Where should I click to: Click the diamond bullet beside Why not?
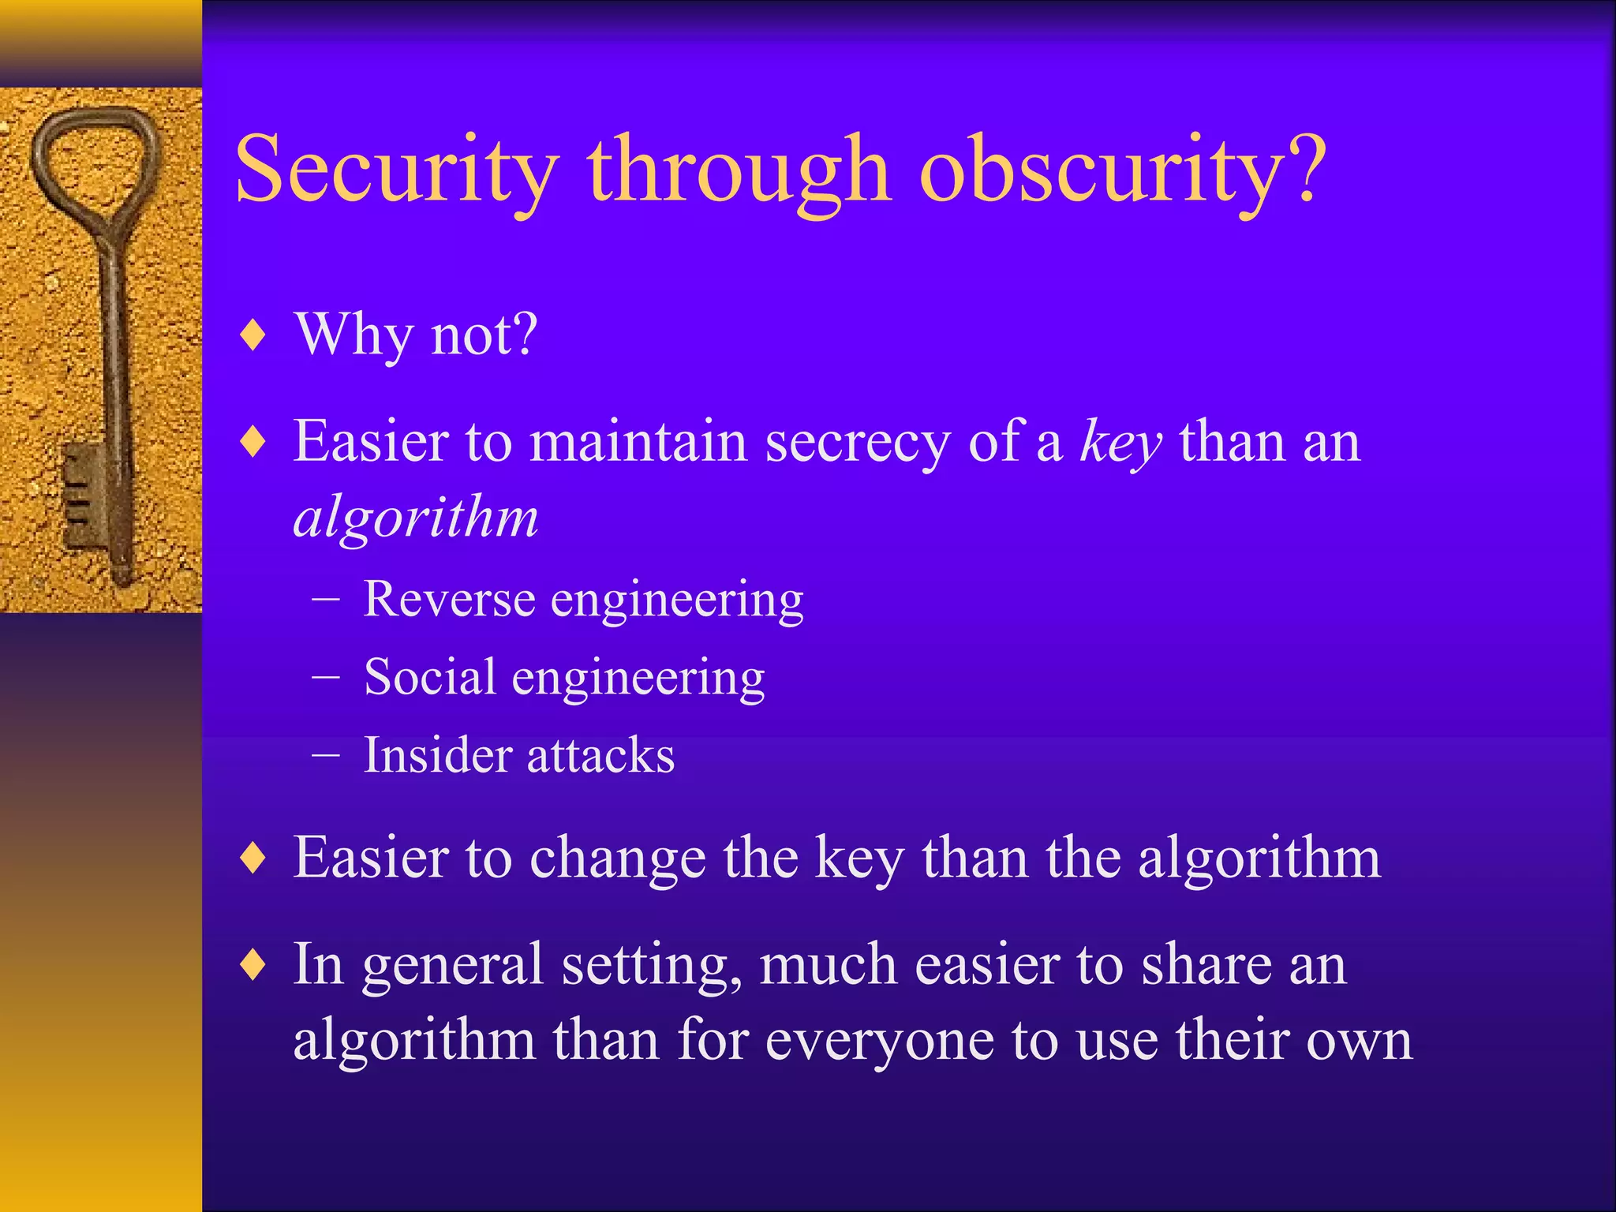click(x=253, y=335)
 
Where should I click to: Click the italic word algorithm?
click(x=416, y=519)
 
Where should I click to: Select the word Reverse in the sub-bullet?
click(x=449, y=599)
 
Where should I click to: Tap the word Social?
click(x=430, y=677)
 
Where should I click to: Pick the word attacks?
click(x=601, y=755)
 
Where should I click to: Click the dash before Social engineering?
click(x=326, y=677)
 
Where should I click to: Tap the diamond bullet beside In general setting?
click(x=253, y=965)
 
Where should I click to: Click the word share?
click(x=1204, y=965)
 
